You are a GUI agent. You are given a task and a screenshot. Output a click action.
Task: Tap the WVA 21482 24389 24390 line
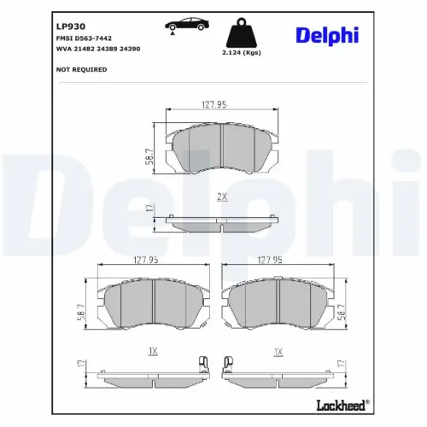coord(91,51)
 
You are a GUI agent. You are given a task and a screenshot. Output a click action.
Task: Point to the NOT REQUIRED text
coord(75,70)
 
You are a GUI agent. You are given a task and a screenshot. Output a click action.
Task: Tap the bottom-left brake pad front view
coord(152,304)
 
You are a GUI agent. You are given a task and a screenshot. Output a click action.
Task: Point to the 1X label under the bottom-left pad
coord(152,351)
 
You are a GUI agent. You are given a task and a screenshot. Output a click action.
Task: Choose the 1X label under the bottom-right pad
coord(277,351)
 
